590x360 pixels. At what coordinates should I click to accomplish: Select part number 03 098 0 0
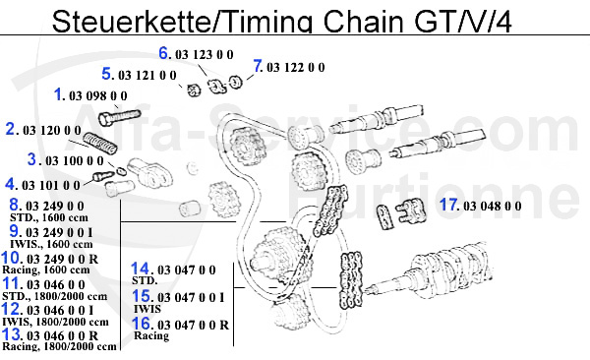pyautogui.click(x=98, y=96)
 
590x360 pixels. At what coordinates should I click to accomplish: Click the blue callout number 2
pyautogui.click(x=12, y=129)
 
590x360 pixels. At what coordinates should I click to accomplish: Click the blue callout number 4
pyautogui.click(x=10, y=183)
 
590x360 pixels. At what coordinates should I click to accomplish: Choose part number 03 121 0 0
pyautogui.click(x=147, y=75)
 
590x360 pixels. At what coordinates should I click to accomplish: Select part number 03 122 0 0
pyautogui.click(x=296, y=68)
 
